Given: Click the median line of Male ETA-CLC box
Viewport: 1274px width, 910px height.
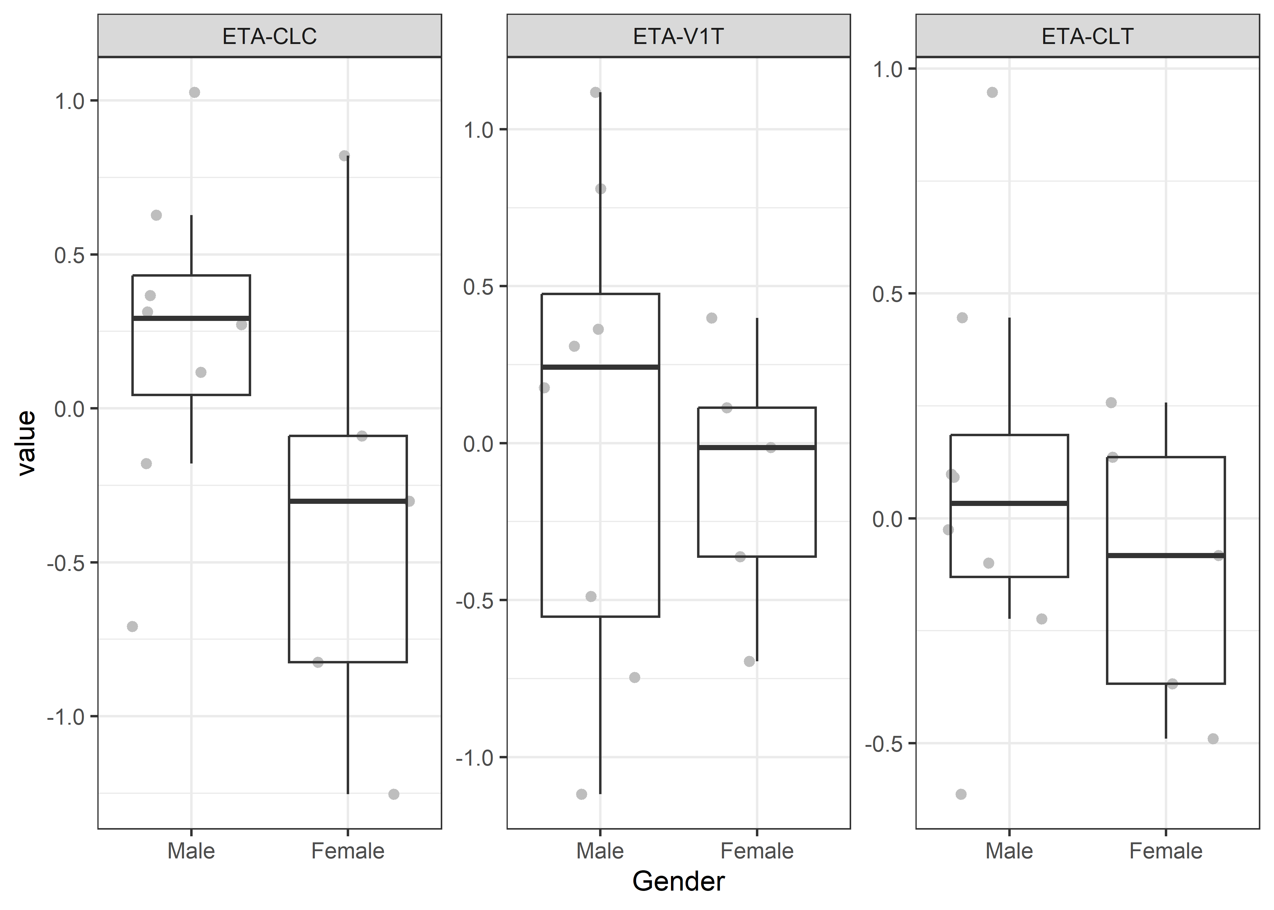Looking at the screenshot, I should (x=191, y=318).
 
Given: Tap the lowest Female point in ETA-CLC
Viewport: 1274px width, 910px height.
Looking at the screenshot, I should (x=394, y=794).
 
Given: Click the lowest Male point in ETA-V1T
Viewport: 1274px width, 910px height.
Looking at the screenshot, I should (x=581, y=794).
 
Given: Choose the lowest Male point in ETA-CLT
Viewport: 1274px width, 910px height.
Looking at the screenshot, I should (x=961, y=794).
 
